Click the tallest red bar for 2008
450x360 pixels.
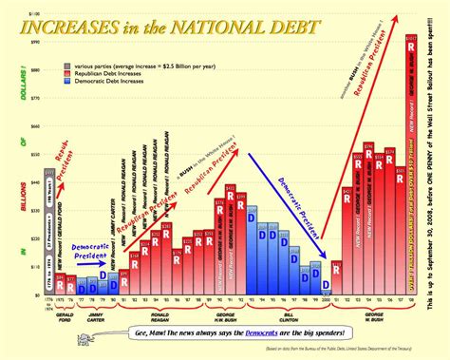tap(409, 171)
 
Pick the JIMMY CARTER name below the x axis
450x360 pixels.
tap(95, 314)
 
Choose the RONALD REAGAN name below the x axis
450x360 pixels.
tap(161, 314)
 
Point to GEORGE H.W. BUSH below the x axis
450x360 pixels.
tap(229, 314)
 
